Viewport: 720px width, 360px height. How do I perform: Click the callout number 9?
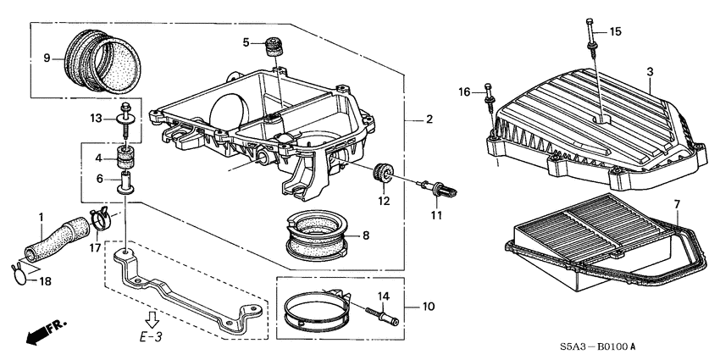coord(48,58)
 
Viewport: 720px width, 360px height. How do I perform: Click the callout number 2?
coord(429,119)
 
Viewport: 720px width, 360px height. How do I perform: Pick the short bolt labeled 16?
coord(490,101)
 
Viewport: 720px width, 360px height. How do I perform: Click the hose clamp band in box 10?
coord(313,308)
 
